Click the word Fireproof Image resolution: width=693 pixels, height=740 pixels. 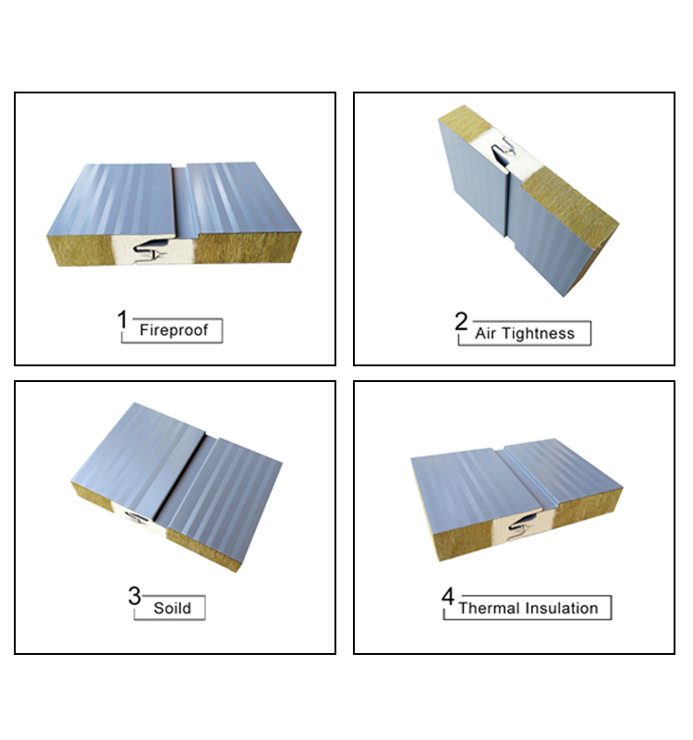pyautogui.click(x=174, y=330)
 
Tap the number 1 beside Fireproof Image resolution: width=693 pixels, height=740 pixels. pyautogui.click(x=122, y=319)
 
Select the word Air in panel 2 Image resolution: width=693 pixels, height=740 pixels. pyautogui.click(x=485, y=333)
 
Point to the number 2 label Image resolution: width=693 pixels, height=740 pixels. pyautogui.click(x=460, y=321)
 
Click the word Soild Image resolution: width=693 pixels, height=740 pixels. pyautogui.click(x=172, y=608)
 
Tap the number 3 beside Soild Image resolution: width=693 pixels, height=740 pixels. pyautogui.click(x=134, y=596)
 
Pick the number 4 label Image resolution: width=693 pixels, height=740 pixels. pyautogui.click(x=448, y=596)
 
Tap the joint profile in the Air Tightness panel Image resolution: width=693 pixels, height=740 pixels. pyautogui.click(x=503, y=150)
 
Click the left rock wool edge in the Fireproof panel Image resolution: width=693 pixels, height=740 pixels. pyautogui.click(x=80, y=250)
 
